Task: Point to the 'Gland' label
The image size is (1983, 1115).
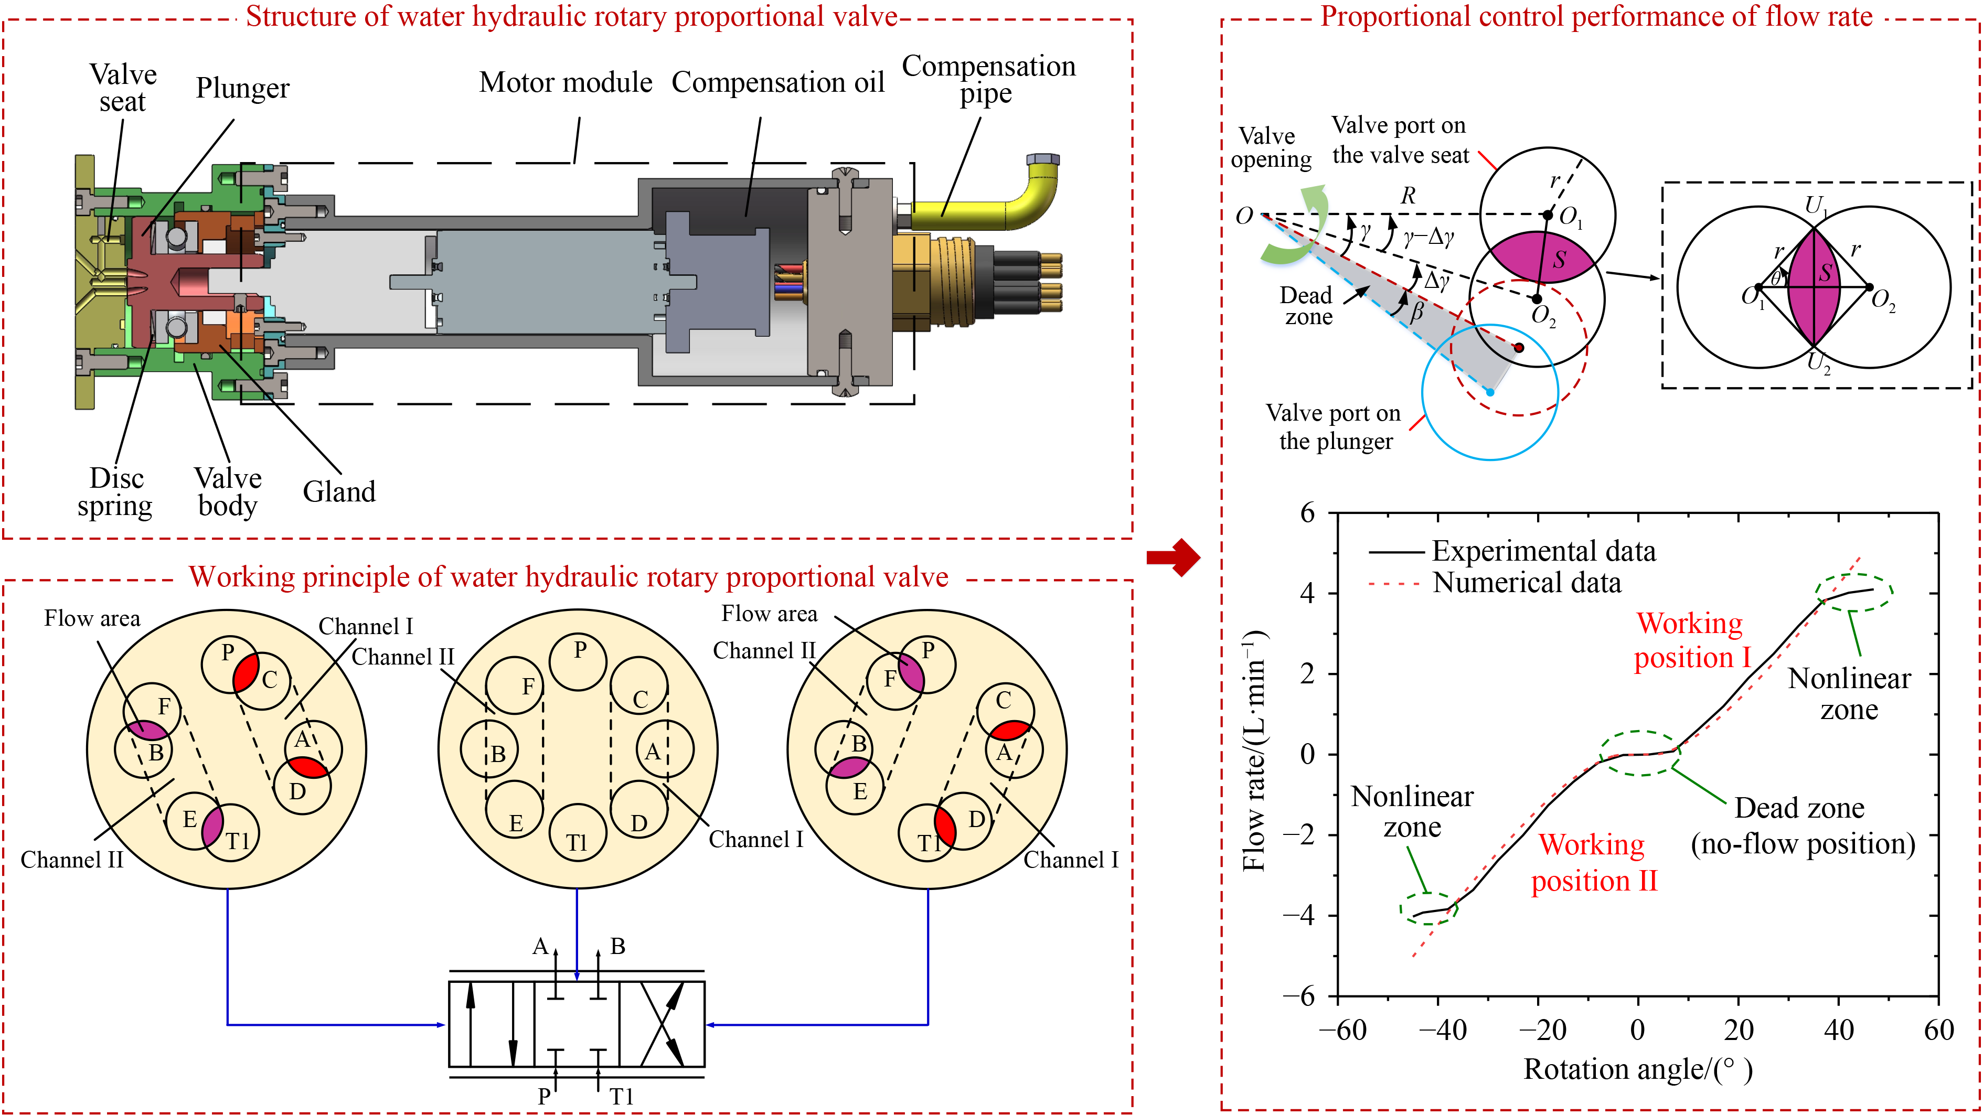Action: pos(339,492)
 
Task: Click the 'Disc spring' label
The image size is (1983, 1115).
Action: pos(115,492)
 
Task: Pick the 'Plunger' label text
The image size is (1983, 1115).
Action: pos(242,88)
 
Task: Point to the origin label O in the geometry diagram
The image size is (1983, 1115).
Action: pos(1244,216)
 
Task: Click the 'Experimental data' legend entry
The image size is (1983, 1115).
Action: pos(1543,552)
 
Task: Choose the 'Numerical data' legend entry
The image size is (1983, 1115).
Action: pos(1527,583)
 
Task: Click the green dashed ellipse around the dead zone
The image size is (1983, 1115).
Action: pos(1640,753)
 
